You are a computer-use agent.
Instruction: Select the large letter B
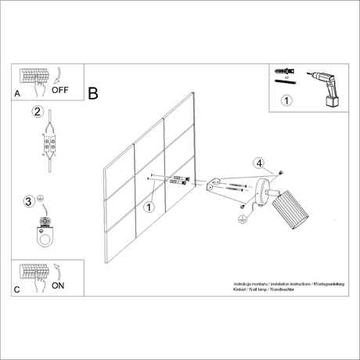(x=93, y=94)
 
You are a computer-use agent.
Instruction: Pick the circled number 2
(x=37, y=111)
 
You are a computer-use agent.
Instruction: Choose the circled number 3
(x=29, y=203)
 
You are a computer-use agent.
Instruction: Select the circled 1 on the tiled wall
(x=149, y=207)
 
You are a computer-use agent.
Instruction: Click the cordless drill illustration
(x=323, y=91)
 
